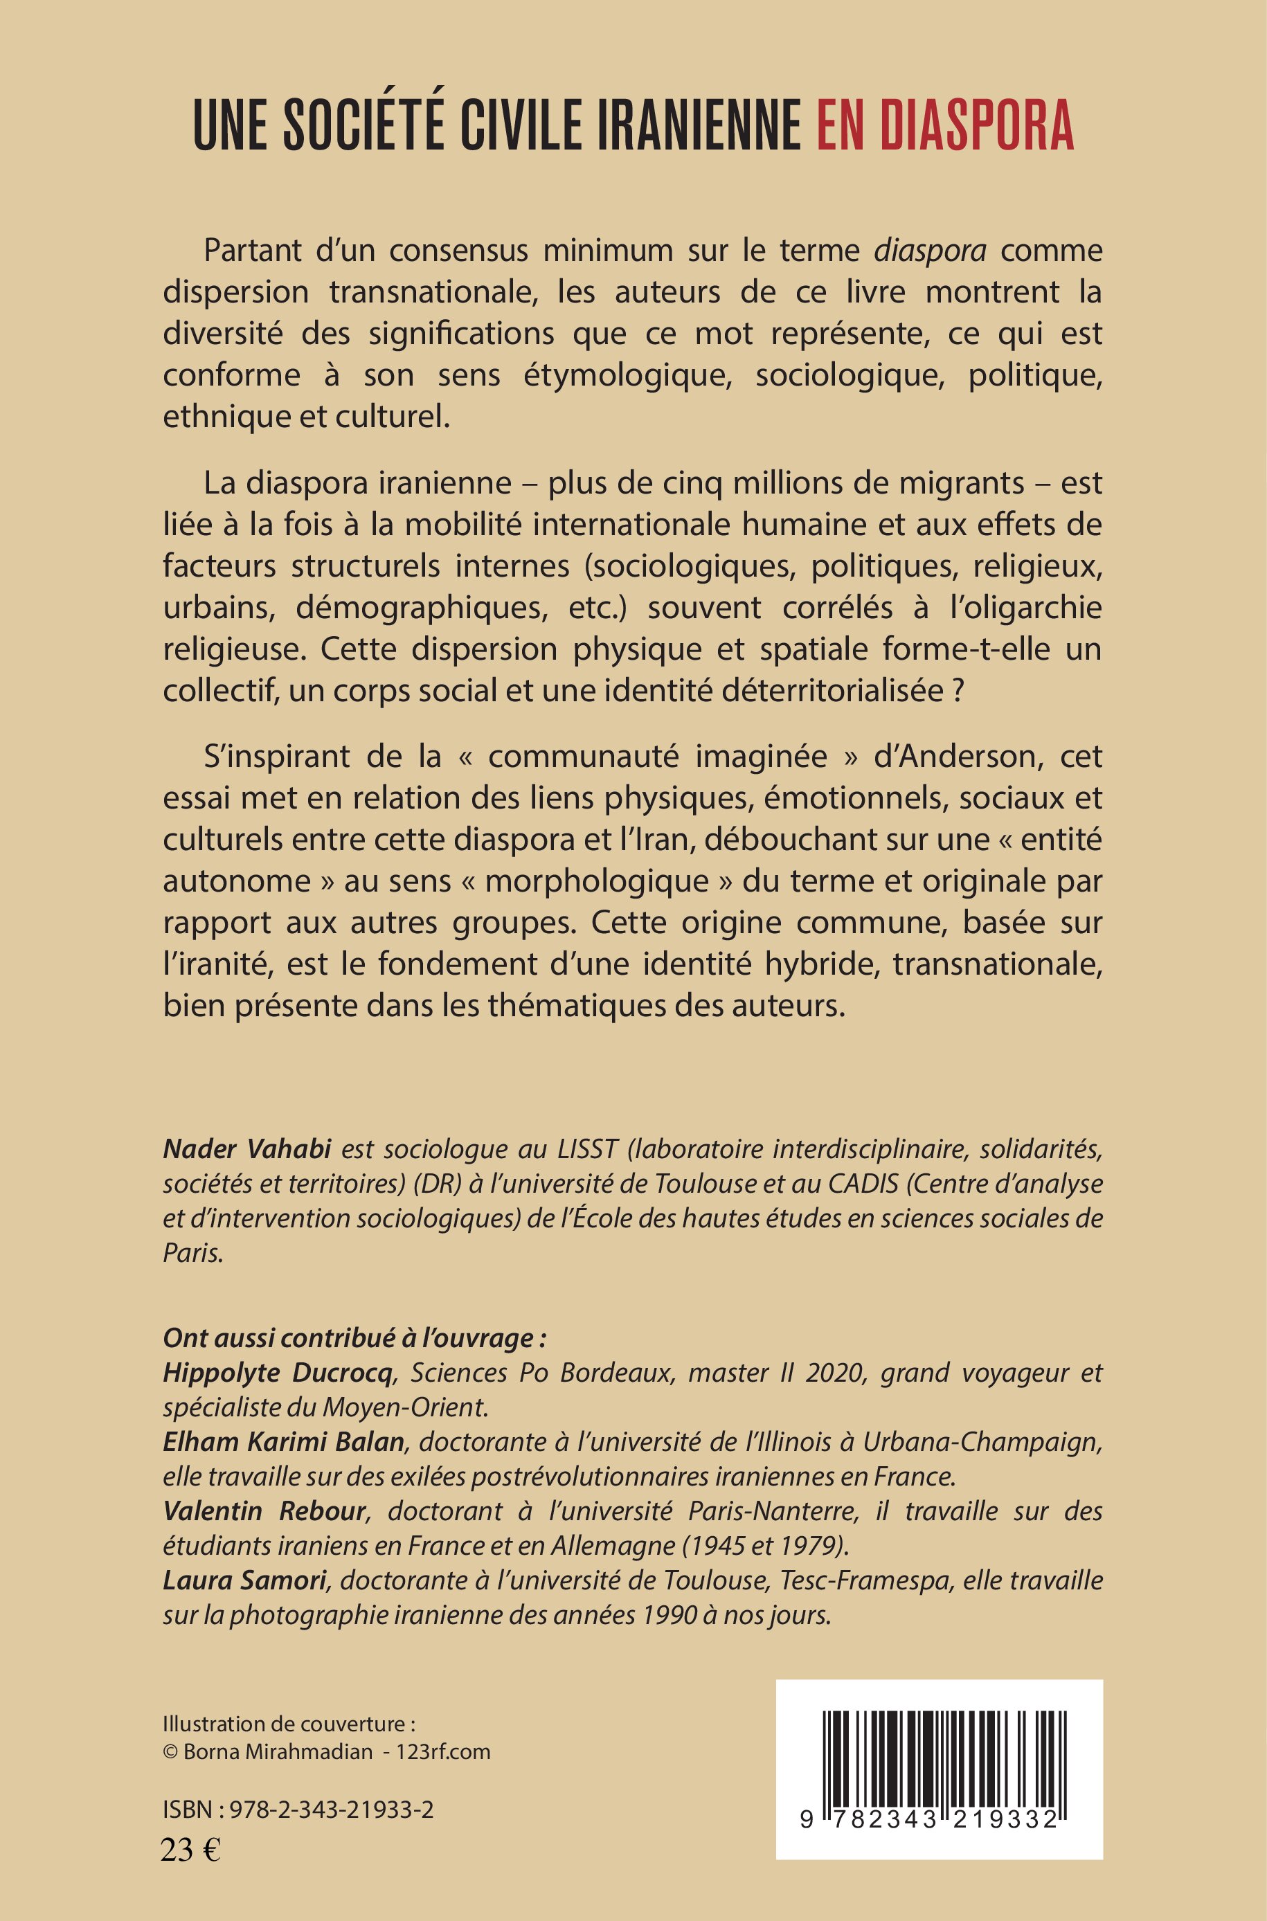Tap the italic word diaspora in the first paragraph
click(930, 251)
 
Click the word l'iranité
click(213, 964)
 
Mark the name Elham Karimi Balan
click(284, 1442)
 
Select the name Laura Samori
click(245, 1581)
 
